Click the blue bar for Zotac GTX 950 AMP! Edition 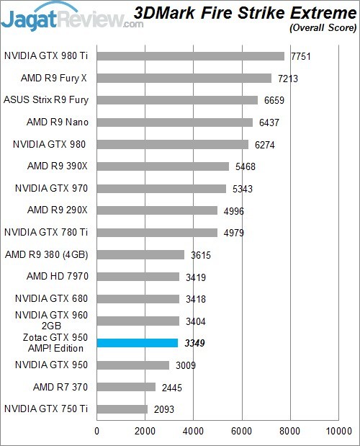click(138, 343)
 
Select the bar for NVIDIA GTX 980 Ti click(191, 55)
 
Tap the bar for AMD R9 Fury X click(184, 78)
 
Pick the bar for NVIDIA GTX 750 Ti click(122, 409)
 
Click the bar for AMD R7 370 click(127, 387)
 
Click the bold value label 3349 click(194, 343)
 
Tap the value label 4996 click(233, 210)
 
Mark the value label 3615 click(200, 254)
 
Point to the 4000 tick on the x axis click(194, 432)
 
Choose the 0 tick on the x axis click(97, 432)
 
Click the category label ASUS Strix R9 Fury click(46, 100)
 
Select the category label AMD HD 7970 click(57, 277)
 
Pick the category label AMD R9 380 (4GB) click(48, 254)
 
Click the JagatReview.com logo click(72, 14)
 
